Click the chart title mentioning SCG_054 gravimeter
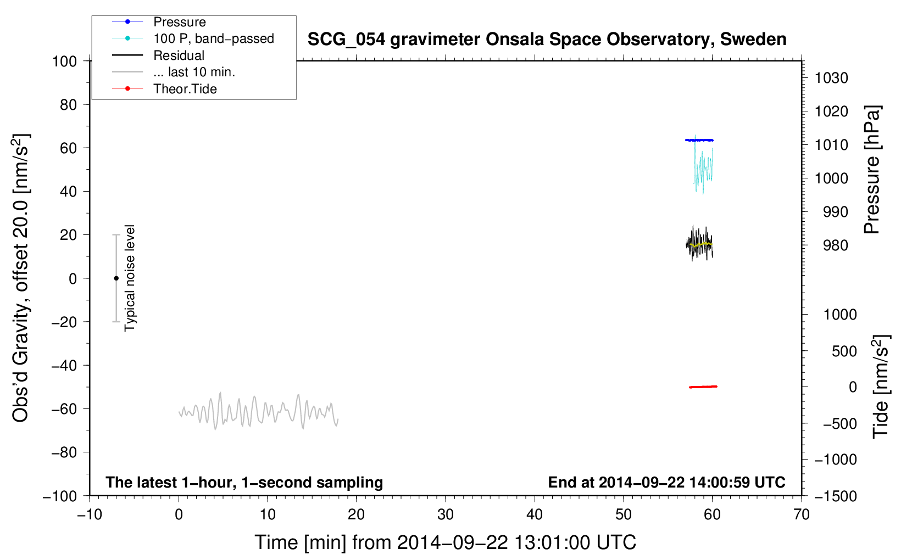tap(547, 40)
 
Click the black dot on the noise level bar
tap(116, 278)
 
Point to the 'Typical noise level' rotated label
tap(129, 278)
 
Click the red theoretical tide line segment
tap(703, 387)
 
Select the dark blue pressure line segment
tap(699, 140)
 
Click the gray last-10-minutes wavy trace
tap(259, 411)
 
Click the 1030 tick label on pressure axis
tap(831, 78)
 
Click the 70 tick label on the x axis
tap(802, 515)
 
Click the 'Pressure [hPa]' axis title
tap(872, 169)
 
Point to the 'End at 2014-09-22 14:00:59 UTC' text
tap(666, 482)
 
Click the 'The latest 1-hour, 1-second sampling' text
tap(244, 483)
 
